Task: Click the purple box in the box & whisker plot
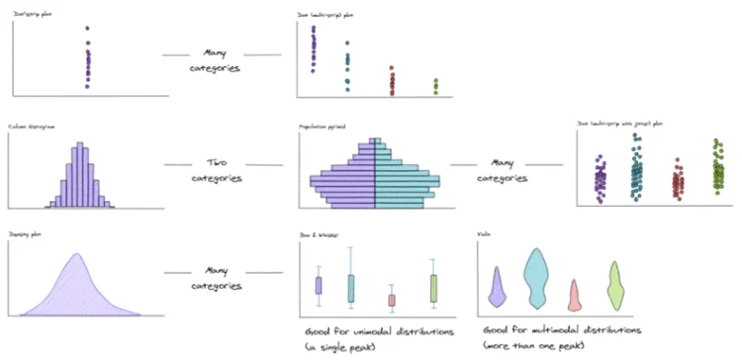[319, 286]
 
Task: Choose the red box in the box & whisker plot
[392, 300]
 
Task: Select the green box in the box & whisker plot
[433, 288]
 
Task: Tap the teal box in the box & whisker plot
[351, 288]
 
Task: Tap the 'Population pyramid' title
[321, 128]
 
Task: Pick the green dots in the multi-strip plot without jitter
[435, 87]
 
